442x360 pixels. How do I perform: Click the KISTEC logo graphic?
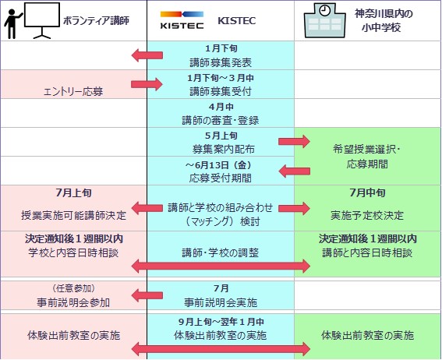(182, 19)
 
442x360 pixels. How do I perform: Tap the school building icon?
(325, 20)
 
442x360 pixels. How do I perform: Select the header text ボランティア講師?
(96, 20)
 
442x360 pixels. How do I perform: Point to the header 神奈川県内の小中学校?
(384, 20)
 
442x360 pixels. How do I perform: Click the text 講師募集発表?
(221, 62)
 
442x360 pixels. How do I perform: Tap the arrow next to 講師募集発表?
(147, 55)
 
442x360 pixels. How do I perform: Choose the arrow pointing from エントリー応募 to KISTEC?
(147, 84)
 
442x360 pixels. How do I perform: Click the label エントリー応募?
(73, 91)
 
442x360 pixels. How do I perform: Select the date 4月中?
(221, 107)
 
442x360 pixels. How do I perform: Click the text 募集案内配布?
(224, 149)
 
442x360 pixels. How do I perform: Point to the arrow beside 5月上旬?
(294, 141)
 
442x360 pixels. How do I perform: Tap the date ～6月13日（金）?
(218, 165)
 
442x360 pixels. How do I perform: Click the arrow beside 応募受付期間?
(295, 171)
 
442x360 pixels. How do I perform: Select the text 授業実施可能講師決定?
(73, 216)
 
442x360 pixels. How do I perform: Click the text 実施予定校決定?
(367, 216)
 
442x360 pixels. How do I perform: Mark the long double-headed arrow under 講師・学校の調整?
(221, 266)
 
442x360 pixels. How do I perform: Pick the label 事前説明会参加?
(73, 302)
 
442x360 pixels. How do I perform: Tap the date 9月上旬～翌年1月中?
(221, 322)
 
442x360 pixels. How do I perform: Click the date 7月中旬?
(367, 193)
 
